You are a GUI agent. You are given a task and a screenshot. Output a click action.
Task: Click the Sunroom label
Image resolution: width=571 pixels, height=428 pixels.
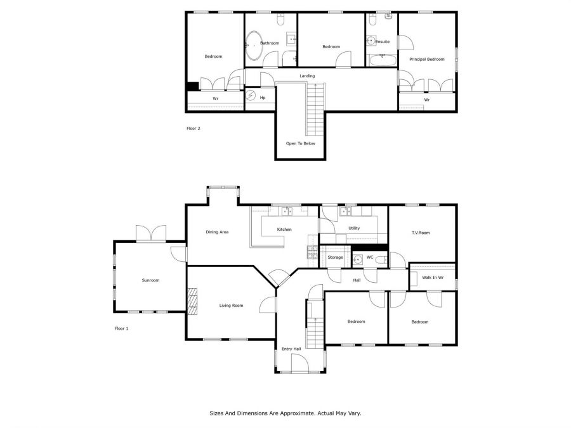coord(150,280)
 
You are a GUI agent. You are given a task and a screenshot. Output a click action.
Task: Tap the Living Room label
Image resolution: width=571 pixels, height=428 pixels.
coord(231,306)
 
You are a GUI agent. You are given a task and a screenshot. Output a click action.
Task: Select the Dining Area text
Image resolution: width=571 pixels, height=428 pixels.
coord(217,232)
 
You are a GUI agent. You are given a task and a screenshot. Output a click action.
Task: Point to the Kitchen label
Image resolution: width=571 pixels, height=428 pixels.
coord(284,230)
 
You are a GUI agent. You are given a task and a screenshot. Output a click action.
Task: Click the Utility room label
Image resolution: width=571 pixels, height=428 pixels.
coord(354,228)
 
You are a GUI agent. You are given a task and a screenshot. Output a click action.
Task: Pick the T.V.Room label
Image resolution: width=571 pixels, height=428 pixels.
coord(421,233)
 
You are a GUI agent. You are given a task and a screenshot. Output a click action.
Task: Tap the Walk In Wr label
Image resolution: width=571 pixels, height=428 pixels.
coord(433,277)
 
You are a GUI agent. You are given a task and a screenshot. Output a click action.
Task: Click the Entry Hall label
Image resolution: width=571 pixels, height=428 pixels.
coord(291,349)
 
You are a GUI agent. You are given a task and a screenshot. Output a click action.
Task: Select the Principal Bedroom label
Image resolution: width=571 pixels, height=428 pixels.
coord(427,60)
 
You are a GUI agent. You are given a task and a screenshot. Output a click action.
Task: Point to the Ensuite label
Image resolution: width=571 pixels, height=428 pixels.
coord(383,42)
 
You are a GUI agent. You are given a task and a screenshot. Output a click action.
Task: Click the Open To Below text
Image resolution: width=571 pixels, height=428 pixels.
coord(301,143)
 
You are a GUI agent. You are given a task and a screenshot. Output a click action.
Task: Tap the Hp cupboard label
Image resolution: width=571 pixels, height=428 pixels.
coord(263,98)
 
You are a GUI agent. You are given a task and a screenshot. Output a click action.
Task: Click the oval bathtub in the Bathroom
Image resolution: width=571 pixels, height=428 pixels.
coord(254,46)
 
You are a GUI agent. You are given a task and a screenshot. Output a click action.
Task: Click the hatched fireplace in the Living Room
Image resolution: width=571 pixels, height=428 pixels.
coord(192,301)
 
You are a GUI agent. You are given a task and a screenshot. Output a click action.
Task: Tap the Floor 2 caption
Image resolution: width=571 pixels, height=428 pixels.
coord(194,129)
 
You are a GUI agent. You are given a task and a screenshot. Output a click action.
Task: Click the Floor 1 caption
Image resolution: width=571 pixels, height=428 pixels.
coord(122,328)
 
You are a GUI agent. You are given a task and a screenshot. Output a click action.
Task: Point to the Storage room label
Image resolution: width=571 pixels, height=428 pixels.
coord(335,257)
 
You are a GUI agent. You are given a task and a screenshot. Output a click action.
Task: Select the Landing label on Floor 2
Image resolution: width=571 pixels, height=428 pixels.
coord(307,76)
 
